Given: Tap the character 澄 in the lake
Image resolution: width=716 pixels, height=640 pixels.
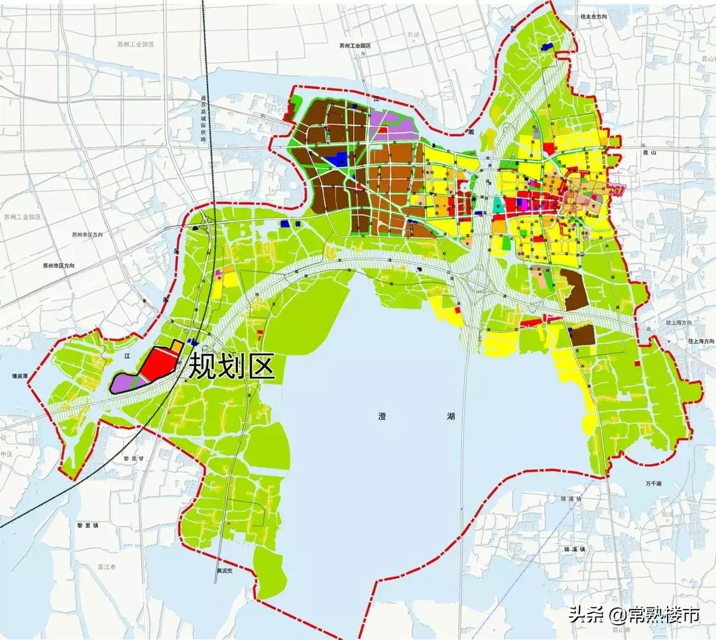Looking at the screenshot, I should pyautogui.click(x=383, y=416).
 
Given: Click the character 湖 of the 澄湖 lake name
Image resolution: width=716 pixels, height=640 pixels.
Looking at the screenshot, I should pyautogui.click(x=451, y=416).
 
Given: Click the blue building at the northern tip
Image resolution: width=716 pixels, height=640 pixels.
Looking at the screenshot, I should pyautogui.click(x=548, y=46).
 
